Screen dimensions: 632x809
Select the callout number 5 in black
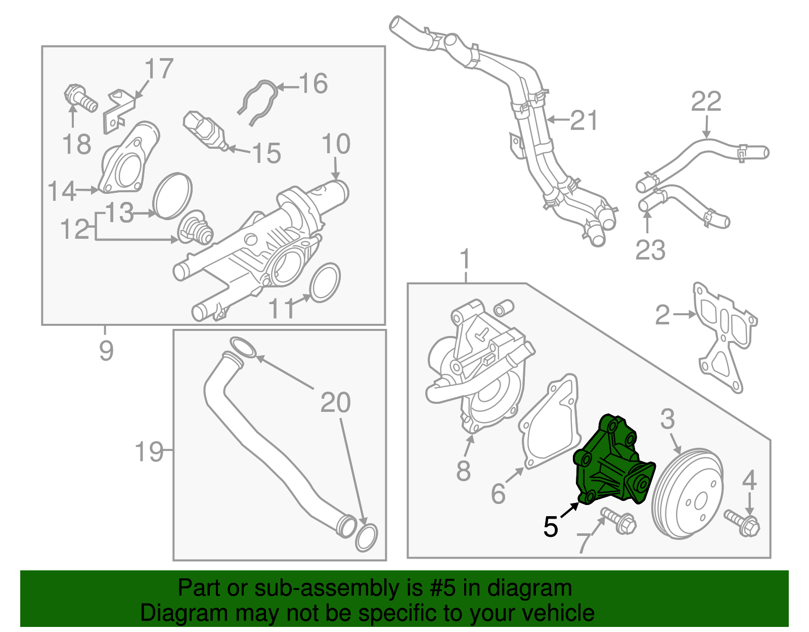(x=551, y=527)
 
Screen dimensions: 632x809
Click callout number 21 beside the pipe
(x=584, y=121)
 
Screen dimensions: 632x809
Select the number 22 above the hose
(x=706, y=102)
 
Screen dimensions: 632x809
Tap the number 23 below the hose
(x=650, y=250)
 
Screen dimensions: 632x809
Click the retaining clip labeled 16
(x=259, y=102)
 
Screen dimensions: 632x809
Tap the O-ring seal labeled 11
(x=324, y=282)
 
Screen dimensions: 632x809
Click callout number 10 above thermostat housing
(x=336, y=144)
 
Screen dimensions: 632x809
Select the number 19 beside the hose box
(x=149, y=451)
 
